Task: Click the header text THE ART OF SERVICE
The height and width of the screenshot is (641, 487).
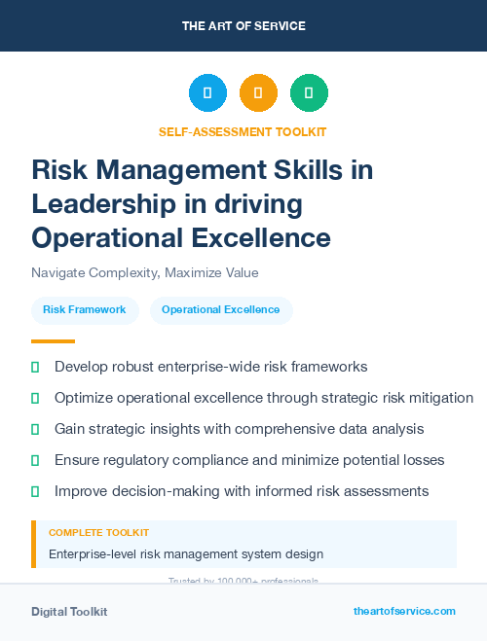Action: (243, 26)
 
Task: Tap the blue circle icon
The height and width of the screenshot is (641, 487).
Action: (207, 93)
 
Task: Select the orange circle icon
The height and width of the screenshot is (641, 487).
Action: (258, 93)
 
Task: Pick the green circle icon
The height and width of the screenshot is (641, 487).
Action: (309, 93)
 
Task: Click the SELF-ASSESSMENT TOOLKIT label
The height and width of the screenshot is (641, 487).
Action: (243, 131)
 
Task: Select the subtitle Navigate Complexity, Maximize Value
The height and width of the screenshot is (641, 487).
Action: (144, 272)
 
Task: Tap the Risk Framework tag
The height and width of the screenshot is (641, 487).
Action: (85, 310)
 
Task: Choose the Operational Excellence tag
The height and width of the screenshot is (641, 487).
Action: (220, 310)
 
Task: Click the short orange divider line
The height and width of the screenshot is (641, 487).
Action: (53, 341)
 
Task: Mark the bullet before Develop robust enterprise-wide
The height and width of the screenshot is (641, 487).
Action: (36, 368)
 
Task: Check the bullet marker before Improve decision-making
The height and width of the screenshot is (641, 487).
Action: (36, 490)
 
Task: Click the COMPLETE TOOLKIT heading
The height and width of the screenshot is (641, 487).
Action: (98, 533)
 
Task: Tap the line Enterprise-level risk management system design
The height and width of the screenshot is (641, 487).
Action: (185, 554)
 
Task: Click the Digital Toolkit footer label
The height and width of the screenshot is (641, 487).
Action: (69, 612)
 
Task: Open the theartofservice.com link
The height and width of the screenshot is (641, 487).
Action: (404, 611)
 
